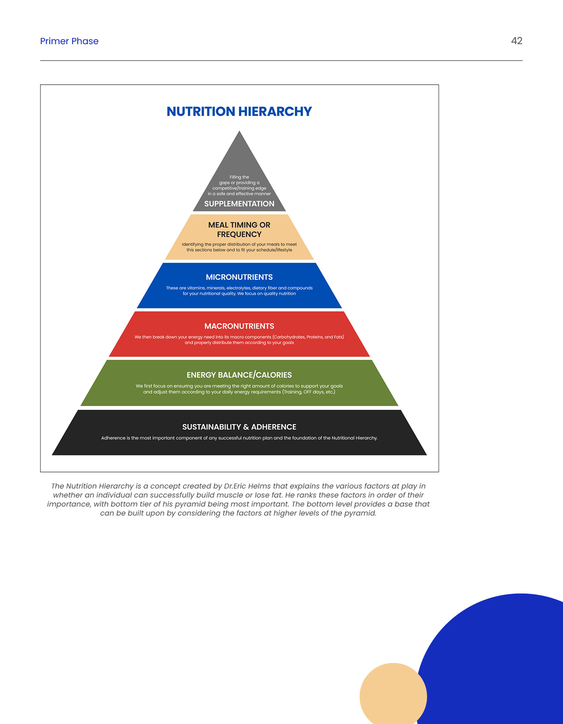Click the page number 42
(516, 41)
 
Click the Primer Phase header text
(69, 41)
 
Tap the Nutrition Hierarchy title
(239, 112)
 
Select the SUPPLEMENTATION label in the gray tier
(239, 204)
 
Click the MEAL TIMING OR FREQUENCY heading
(239, 229)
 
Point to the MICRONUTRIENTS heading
(239, 277)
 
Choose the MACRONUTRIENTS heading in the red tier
(239, 326)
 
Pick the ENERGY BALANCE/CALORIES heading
(239, 375)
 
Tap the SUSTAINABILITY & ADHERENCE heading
(239, 427)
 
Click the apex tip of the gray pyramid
(239, 132)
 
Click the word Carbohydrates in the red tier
(289, 337)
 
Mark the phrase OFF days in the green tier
(313, 392)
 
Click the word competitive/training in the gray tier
(239, 188)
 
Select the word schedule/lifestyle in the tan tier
(274, 250)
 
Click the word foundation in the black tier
(304, 438)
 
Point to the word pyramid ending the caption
(359, 513)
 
